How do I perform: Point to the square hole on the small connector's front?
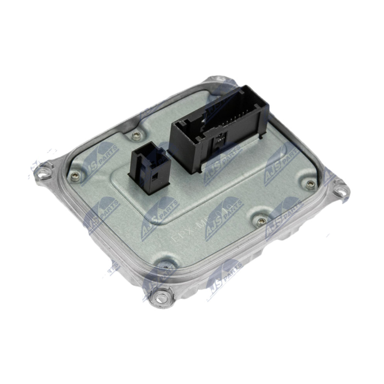155,176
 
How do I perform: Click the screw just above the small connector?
138,136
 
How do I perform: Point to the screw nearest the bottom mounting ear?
167,264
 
